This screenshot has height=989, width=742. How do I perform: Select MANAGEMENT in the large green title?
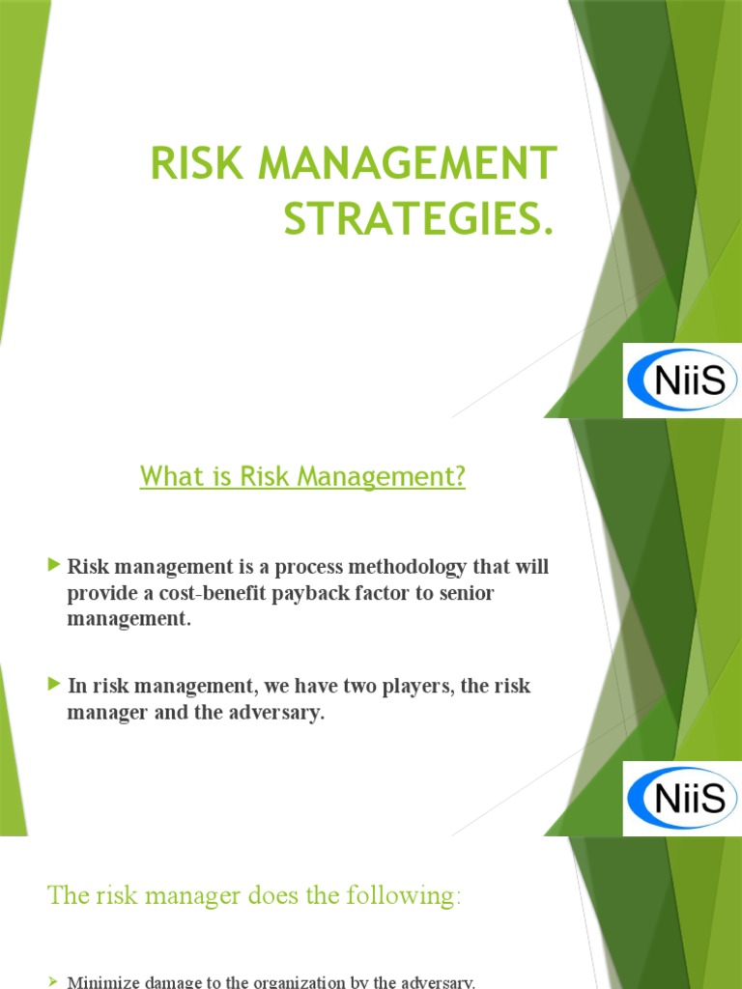click(x=406, y=163)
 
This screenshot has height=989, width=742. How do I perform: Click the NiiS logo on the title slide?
click(x=682, y=380)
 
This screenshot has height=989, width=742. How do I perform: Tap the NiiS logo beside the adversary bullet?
click(x=682, y=798)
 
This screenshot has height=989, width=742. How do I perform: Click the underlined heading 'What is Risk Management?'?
click(x=302, y=476)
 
